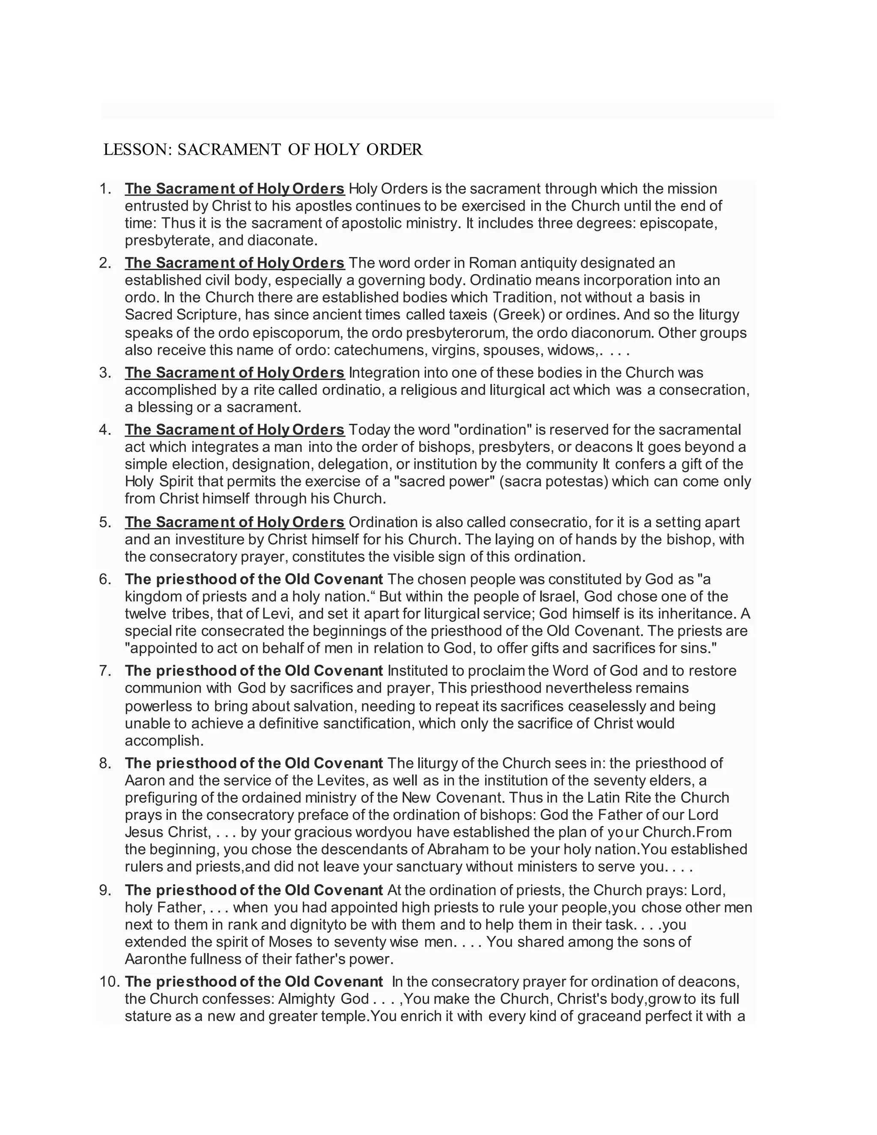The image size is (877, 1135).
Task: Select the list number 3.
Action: tap(105, 373)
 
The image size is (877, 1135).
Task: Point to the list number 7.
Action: tap(105, 670)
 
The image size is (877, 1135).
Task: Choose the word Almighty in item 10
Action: tap(307, 998)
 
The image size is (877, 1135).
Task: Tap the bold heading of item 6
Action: tap(254, 579)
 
